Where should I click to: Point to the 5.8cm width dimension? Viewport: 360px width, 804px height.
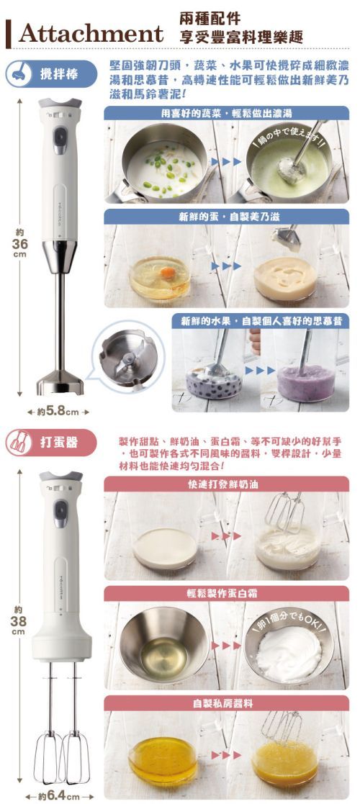click(x=57, y=412)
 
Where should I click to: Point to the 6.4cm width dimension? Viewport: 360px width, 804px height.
click(x=58, y=796)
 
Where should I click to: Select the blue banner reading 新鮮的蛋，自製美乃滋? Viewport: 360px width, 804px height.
click(x=227, y=216)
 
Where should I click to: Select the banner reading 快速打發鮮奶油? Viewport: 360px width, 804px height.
click(x=227, y=484)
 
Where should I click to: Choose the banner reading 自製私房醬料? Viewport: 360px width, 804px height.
click(x=227, y=703)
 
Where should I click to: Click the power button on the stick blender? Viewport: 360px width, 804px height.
click(x=60, y=136)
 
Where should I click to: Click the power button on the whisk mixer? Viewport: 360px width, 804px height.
click(x=60, y=513)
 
